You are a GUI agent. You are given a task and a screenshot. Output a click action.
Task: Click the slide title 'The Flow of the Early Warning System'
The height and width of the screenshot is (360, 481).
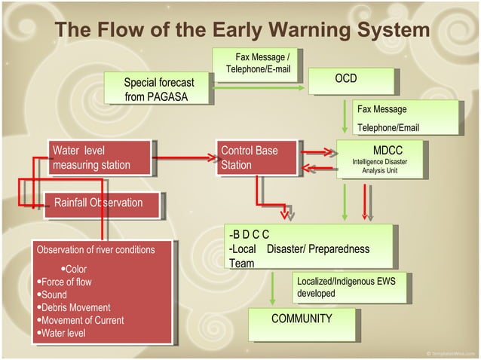(242, 30)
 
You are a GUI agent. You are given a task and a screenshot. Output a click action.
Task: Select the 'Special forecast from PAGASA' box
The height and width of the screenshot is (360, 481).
(159, 89)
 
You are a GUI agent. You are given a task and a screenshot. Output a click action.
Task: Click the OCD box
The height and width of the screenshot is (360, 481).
(351, 80)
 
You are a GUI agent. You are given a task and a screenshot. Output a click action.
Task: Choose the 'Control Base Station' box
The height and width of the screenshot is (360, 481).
(258, 157)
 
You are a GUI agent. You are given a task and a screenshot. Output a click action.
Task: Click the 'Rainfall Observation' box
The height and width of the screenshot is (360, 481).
(101, 203)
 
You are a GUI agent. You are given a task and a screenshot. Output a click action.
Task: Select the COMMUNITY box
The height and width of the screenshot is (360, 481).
(302, 319)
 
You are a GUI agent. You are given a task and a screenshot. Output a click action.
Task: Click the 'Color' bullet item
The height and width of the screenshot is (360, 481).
(75, 270)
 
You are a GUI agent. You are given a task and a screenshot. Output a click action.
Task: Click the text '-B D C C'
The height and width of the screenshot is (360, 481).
(250, 235)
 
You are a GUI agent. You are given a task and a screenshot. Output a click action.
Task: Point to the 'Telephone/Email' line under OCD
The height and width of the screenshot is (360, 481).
(388, 127)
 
